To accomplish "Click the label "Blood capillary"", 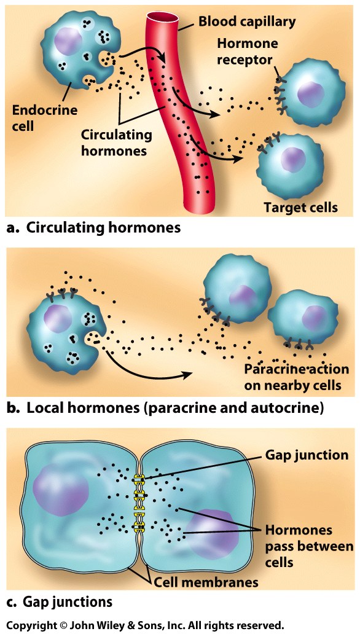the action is point(247,21).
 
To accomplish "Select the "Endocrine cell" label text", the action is point(44,118).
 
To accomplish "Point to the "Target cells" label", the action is point(300,208).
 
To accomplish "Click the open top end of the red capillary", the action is point(163,18).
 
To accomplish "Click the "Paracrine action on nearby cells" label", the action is point(296,377).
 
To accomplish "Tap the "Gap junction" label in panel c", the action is point(307,455).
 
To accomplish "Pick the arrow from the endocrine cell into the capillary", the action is point(141,49).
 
